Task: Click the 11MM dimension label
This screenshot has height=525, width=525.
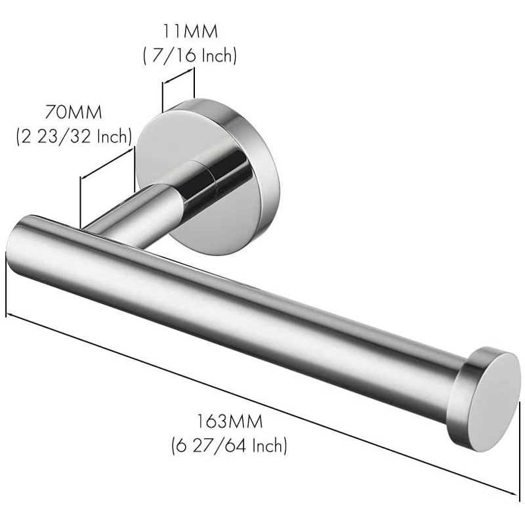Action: coord(190,31)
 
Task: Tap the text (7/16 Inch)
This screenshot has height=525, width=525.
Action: coord(190,56)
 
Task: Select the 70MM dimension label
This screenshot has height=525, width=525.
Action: coord(73,111)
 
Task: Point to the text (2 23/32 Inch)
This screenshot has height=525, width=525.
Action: coord(73,136)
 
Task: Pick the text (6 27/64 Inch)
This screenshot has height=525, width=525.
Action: coord(229,446)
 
